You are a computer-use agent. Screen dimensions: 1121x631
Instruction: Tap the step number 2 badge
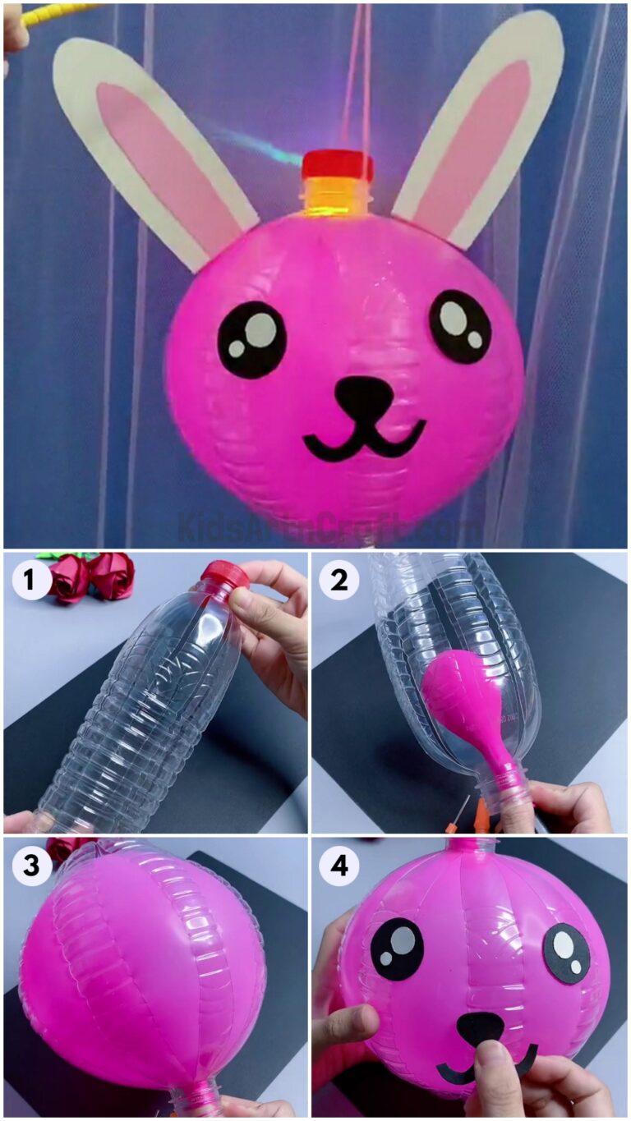pos(339,581)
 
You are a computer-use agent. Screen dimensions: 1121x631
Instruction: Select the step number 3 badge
pos(30,866)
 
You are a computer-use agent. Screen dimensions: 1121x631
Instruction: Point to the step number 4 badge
pos(339,866)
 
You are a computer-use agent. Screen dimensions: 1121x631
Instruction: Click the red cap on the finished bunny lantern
pos(337,166)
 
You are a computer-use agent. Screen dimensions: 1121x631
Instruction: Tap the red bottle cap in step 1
pos(225,575)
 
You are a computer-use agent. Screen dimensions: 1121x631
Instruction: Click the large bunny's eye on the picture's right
pos(460,326)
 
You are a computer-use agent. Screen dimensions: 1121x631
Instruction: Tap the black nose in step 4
pos(480,1027)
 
